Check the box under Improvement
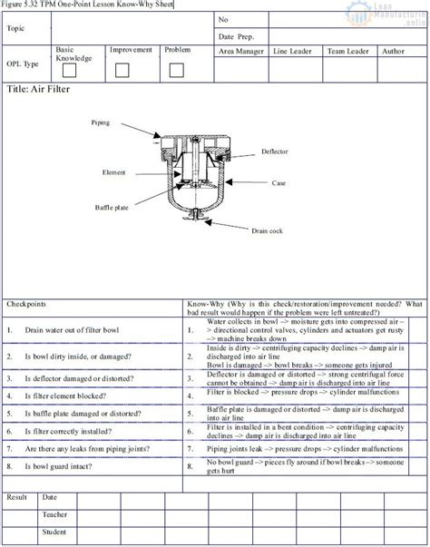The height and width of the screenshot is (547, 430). tap(122, 70)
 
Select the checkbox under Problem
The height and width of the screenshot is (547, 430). tap(175, 70)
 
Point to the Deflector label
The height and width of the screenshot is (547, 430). tap(275, 151)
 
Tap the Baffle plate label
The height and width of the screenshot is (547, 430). tap(111, 207)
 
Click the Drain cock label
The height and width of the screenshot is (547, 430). tap(267, 230)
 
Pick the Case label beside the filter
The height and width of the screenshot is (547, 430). tap(279, 182)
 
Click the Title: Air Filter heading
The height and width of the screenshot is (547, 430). tap(37, 90)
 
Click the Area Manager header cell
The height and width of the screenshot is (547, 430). tap(240, 52)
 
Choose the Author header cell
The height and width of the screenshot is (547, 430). tap(394, 52)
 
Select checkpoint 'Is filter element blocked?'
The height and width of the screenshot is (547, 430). tap(65, 397)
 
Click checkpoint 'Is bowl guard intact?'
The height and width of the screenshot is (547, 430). tap(61, 465)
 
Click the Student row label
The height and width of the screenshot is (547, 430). tap(54, 531)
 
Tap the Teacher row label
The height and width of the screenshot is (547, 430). tap(54, 514)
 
